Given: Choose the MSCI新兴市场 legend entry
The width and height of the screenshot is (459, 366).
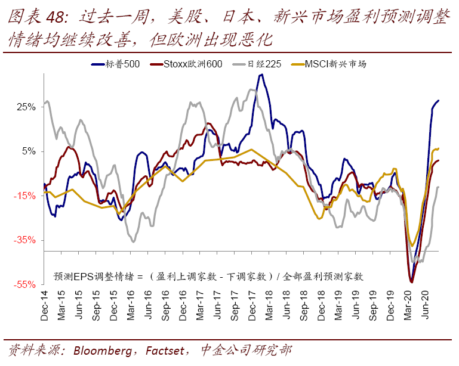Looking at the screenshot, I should pyautogui.click(x=334, y=64).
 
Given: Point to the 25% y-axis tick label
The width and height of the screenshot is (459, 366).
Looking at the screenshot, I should pyautogui.click(x=26, y=107).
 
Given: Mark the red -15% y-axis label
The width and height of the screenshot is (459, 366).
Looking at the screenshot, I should pyautogui.click(x=26, y=196).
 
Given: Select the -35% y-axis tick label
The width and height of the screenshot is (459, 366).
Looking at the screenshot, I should pyautogui.click(x=26, y=240).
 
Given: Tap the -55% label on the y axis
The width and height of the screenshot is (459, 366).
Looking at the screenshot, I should pyautogui.click(x=26, y=285).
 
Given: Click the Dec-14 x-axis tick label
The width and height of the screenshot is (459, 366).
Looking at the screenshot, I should pyautogui.click(x=44, y=309).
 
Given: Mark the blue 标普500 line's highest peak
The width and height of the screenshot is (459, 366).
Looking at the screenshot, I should pyautogui.click(x=261, y=75).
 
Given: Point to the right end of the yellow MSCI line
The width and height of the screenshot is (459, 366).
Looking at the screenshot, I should pyautogui.click(x=439, y=148).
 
